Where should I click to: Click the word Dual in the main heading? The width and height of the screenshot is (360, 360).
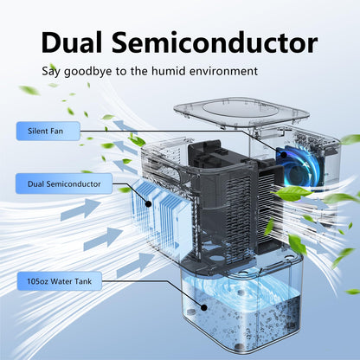tap(72, 42)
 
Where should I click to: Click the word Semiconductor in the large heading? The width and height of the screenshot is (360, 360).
tap(215, 42)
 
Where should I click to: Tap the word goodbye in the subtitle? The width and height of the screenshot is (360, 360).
tap(87, 71)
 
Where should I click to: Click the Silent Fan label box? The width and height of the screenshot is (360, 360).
tap(48, 131)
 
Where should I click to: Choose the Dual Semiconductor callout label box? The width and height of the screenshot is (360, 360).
tap(64, 183)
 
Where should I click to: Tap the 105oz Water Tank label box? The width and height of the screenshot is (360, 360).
tap(60, 281)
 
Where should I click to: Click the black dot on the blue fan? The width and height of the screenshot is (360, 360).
tap(284, 155)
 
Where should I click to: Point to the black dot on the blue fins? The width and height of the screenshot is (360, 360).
tap(148, 204)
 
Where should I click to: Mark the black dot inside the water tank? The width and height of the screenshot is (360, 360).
tap(204, 307)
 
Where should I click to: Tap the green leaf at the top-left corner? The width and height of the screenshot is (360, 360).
tap(29, 90)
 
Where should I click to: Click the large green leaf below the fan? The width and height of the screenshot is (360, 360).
tap(292, 192)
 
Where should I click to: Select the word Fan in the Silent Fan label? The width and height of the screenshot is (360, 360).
tap(56, 131)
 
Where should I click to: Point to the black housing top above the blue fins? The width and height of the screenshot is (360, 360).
tap(205, 153)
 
